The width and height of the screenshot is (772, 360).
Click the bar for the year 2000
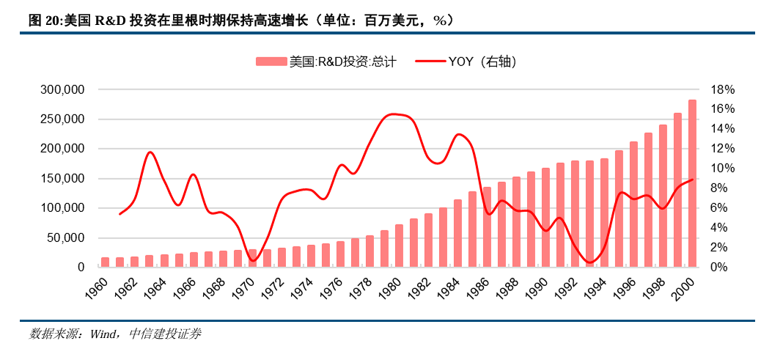click(x=692, y=183)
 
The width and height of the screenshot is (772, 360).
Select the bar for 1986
click(x=487, y=227)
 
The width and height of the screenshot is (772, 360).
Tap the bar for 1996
click(x=633, y=205)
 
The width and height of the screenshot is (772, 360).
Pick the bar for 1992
click(x=575, y=214)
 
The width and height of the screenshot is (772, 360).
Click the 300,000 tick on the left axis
click(x=62, y=89)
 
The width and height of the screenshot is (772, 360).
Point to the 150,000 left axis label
click(x=62, y=179)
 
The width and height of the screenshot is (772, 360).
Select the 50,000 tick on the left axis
click(x=65, y=238)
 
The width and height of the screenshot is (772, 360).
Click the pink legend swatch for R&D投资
click(x=271, y=62)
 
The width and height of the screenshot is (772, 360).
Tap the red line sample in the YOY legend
click(x=430, y=62)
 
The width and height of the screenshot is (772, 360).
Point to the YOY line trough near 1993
click(x=590, y=262)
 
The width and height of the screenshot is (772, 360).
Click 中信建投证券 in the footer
click(x=164, y=334)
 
